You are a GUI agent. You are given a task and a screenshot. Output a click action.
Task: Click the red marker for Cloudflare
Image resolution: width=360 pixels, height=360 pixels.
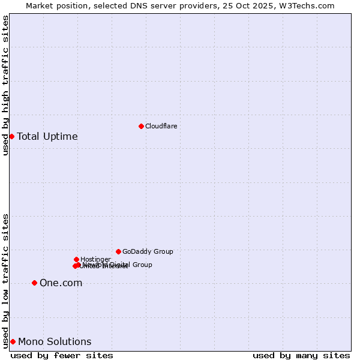click(x=141, y=126)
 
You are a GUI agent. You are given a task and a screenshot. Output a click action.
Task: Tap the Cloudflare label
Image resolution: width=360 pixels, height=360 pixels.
click(x=161, y=126)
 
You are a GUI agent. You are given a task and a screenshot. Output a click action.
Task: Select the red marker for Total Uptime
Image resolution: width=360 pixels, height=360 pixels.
click(x=11, y=136)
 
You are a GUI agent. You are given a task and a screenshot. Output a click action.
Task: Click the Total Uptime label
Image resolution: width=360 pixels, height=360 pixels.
click(x=47, y=136)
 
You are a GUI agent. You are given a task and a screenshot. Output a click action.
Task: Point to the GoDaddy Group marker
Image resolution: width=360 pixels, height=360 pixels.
click(x=118, y=251)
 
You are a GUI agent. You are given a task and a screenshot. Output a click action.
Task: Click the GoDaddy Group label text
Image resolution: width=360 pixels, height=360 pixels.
click(x=148, y=251)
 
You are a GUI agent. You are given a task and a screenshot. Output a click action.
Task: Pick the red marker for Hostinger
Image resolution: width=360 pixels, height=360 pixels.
click(x=76, y=259)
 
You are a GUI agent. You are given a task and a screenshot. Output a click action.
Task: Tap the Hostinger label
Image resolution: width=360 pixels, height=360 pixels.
click(x=95, y=259)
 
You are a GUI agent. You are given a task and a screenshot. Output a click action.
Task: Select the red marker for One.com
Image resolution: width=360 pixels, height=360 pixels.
click(x=34, y=283)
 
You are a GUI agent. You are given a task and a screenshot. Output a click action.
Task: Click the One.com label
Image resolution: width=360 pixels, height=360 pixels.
click(x=61, y=283)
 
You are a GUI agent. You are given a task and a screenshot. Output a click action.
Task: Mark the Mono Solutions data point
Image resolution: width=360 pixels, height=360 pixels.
click(x=13, y=341)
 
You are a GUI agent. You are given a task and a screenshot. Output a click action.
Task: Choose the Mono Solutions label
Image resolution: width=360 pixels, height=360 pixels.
click(x=55, y=342)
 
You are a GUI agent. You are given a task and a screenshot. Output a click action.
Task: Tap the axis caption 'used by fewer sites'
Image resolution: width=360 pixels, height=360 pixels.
click(x=62, y=355)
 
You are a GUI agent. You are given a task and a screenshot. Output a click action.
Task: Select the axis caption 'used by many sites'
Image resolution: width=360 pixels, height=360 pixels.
click(x=301, y=355)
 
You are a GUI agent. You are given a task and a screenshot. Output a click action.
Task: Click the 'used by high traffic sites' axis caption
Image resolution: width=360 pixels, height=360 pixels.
click(x=5, y=85)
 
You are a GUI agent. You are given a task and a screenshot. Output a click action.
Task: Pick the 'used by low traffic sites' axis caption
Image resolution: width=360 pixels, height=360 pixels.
click(x=5, y=280)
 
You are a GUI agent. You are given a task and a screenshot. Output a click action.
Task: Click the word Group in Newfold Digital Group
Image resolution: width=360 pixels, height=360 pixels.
click(x=142, y=265)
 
